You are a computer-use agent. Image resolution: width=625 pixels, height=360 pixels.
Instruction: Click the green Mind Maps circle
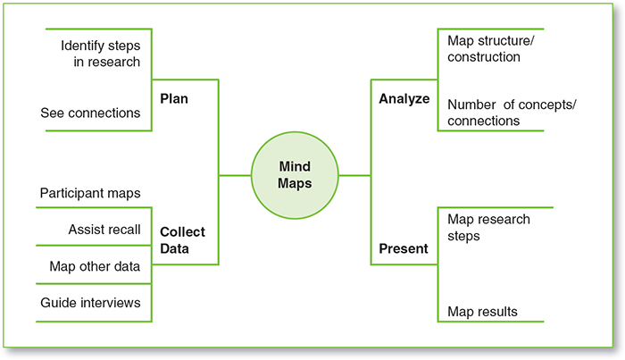click(294, 176)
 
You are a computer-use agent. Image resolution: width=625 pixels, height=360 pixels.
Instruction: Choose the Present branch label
click(403, 248)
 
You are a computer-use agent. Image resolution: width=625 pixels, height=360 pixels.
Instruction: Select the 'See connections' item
click(90, 113)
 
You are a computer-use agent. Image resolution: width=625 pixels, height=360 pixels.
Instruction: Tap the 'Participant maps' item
click(90, 192)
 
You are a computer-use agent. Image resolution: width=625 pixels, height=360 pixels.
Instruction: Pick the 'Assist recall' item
click(104, 230)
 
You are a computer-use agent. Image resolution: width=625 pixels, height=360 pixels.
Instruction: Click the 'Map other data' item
click(93, 266)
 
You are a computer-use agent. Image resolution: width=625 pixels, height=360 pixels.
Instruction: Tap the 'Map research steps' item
click(489, 228)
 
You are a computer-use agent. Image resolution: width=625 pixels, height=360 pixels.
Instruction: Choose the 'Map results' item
click(482, 312)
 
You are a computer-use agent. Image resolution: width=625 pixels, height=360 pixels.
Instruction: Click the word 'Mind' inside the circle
click(294, 166)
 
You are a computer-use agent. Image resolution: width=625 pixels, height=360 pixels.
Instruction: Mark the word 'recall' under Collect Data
click(121, 230)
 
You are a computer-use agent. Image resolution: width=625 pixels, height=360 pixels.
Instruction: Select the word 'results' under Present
click(497, 312)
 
